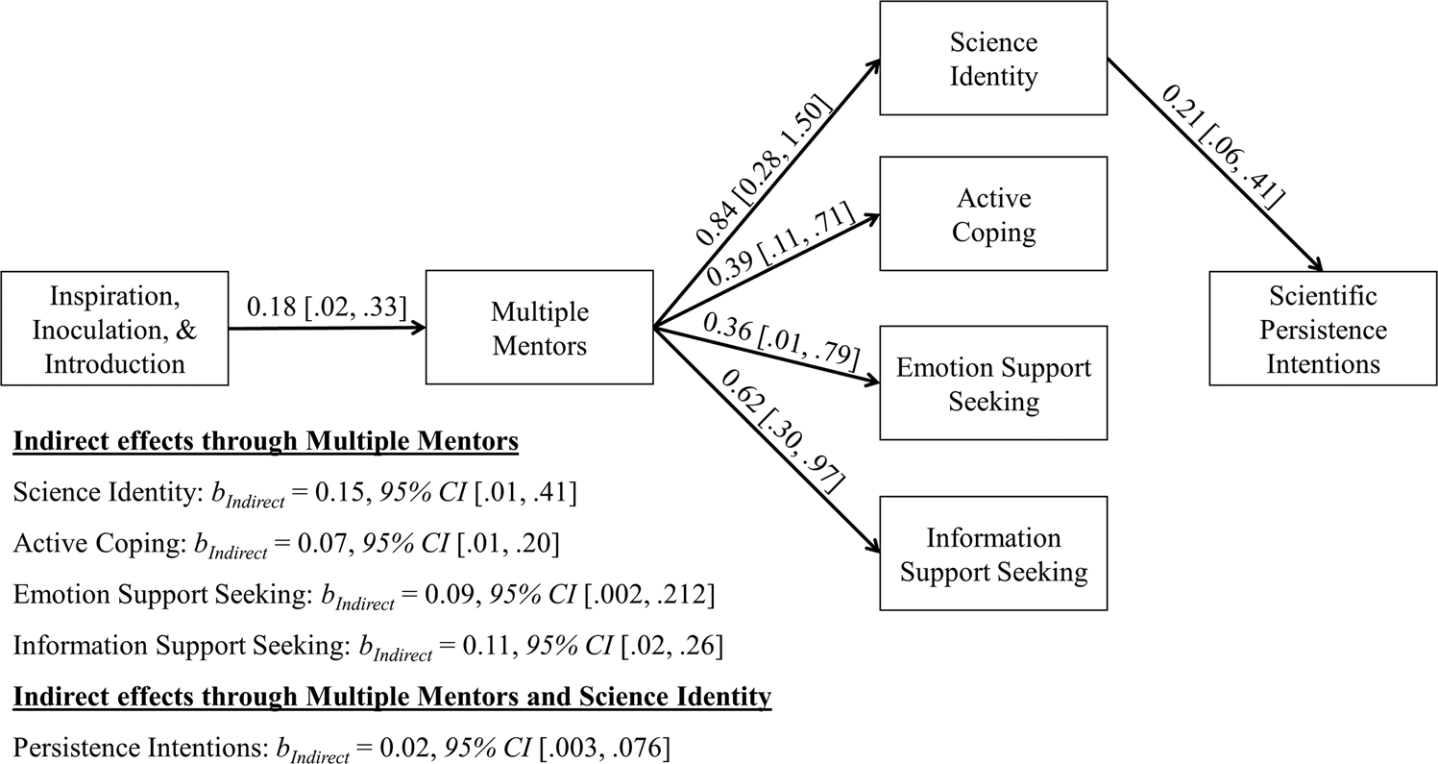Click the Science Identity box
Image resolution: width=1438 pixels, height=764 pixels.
click(x=993, y=59)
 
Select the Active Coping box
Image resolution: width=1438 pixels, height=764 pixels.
click(x=993, y=213)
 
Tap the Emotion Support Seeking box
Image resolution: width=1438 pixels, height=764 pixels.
click(x=993, y=384)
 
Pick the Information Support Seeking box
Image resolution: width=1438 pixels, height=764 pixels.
click(x=993, y=555)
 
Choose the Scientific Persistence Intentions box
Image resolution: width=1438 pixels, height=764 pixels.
click(x=1324, y=329)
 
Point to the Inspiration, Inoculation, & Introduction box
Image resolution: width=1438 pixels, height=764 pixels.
click(x=113, y=329)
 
